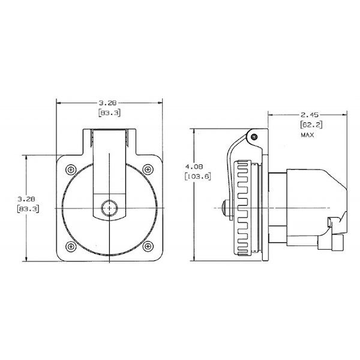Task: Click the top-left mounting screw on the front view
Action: click(71, 170)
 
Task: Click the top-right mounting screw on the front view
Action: click(148, 170)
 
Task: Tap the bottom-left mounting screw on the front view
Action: click(71, 247)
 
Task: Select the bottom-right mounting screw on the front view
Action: click(148, 247)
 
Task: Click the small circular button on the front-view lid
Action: click(110, 208)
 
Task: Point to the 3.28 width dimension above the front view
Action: click(107, 103)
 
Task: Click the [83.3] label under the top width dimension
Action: click(110, 113)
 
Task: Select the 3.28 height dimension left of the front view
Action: click(26, 199)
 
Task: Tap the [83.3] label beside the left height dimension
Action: click(28, 209)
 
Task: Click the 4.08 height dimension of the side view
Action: click(194, 166)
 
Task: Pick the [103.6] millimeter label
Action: click(197, 176)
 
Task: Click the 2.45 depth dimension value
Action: click(310, 115)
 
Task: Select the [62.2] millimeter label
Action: click(311, 125)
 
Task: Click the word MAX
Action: click(307, 135)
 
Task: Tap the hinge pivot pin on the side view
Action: click(254, 137)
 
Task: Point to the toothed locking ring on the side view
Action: click(242, 208)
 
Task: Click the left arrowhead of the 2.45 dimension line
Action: click(271, 115)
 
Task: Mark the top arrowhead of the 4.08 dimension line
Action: click(194, 131)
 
